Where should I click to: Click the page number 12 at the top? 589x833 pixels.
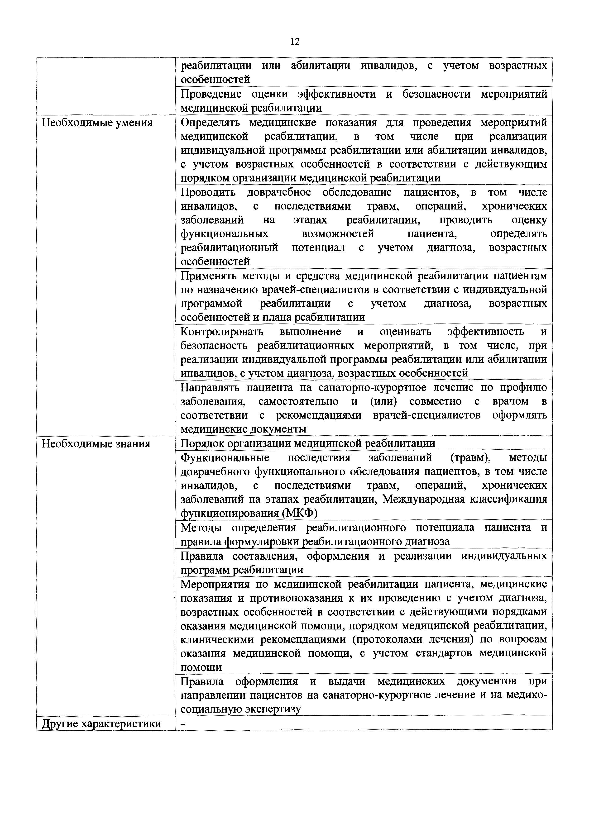(295, 42)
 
